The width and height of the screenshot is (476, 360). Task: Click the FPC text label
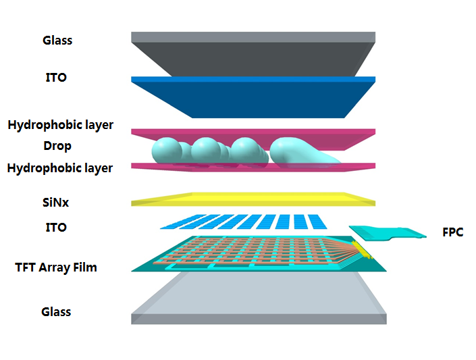[453, 232]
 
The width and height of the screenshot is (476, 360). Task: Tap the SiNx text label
[56, 202]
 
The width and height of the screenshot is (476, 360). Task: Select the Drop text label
[57, 145]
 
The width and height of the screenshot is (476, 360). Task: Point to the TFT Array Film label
[56, 267]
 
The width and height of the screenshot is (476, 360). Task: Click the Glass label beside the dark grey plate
[57, 41]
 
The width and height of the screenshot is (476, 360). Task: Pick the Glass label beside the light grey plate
[56, 312]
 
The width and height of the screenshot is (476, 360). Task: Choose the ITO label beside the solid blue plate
[56, 78]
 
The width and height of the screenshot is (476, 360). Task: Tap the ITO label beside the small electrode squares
[56, 228]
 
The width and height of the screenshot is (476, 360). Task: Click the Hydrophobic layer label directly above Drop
[60, 125]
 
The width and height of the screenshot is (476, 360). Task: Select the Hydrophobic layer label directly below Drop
[60, 168]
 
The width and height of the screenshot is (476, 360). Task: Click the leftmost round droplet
[165, 150]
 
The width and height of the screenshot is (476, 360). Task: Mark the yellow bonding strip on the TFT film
[363, 251]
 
